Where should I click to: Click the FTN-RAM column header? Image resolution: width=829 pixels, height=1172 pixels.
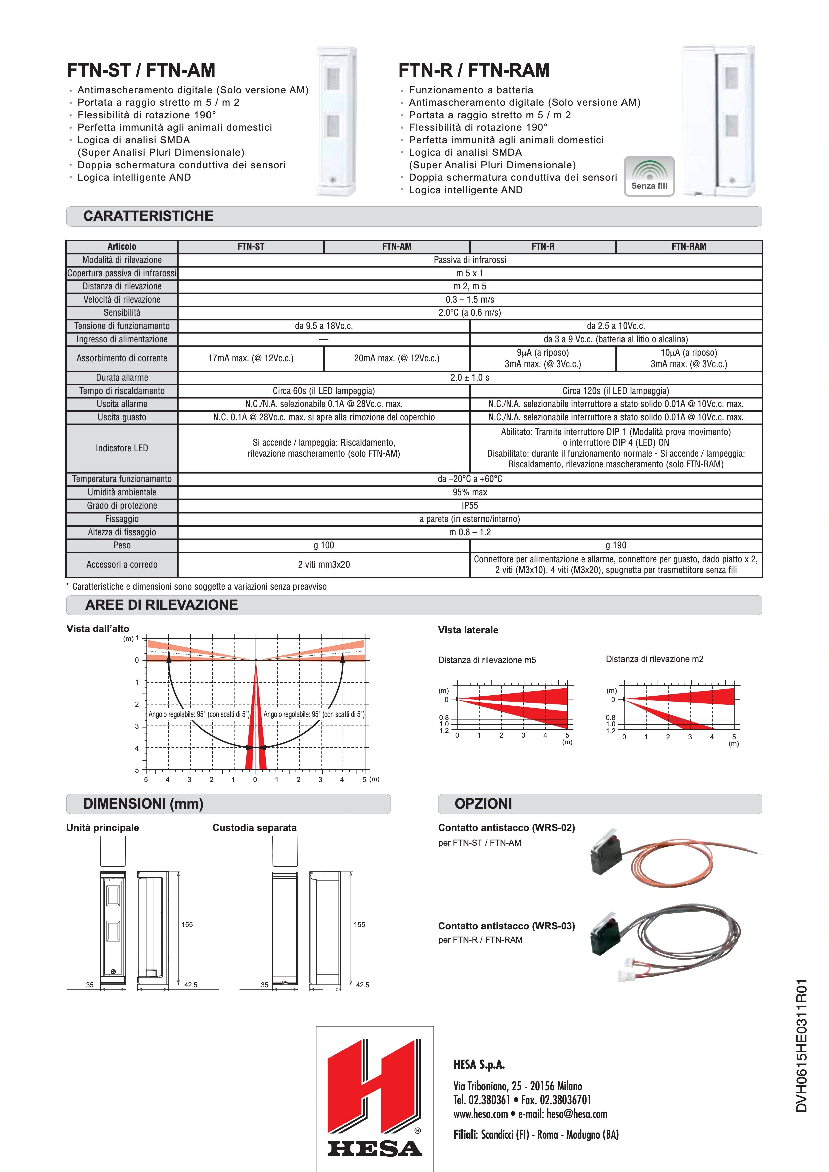pos(689,247)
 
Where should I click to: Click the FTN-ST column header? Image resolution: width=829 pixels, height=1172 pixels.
pos(251,247)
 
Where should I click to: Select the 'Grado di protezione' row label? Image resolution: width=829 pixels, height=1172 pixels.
pos(122,505)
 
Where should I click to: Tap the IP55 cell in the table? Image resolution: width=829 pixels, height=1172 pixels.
pos(469,505)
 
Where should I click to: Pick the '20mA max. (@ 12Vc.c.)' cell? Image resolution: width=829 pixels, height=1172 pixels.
pos(397,358)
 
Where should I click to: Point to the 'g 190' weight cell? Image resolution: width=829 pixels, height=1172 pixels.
pos(615,545)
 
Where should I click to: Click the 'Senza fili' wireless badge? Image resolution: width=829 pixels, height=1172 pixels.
pos(649,176)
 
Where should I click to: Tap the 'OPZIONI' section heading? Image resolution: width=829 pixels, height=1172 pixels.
pos(483,803)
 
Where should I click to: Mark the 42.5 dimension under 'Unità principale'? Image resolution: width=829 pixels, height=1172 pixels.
pos(191,985)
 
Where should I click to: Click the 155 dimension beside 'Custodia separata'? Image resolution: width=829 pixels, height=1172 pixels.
pos(360,924)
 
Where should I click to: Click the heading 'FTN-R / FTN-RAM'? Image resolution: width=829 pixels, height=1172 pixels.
pos(474,70)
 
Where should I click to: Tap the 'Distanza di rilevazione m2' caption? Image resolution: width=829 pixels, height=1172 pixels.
pos(655,659)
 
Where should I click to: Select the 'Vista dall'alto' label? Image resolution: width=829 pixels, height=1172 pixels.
pos(98,629)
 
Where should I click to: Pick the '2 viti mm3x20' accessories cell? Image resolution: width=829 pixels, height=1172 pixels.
pos(324,565)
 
